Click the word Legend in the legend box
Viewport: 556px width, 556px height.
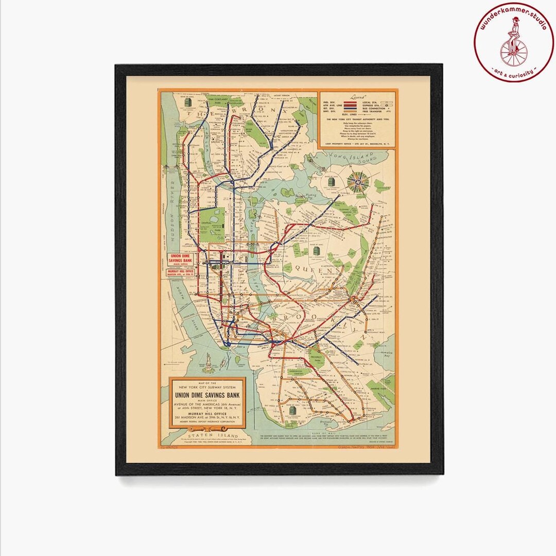click(x=357, y=97)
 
